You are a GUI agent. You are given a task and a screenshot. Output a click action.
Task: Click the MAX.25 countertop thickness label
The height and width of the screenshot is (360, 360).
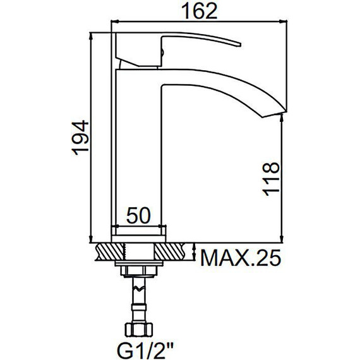coord(239,259)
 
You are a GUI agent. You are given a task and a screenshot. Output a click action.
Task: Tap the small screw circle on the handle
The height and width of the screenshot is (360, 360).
coord(162,45)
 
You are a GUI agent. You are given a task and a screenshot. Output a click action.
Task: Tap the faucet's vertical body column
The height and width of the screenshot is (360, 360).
coord(138,152)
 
